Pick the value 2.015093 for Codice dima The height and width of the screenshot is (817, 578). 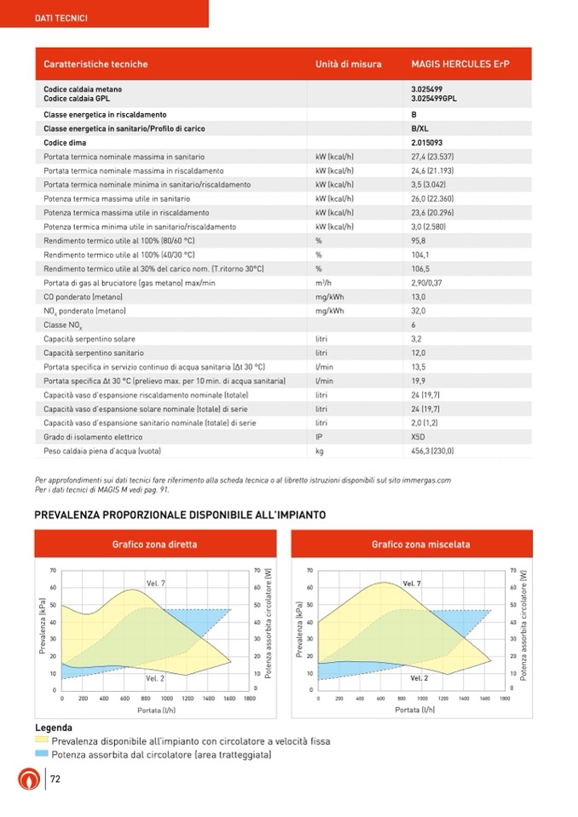(426, 143)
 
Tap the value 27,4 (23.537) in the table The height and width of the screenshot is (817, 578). (432, 157)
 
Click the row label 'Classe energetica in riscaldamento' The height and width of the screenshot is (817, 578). (105, 115)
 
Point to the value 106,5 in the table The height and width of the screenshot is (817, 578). (419, 268)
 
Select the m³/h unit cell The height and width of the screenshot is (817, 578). (323, 283)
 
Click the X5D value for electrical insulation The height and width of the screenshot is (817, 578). (418, 436)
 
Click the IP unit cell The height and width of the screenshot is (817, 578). (318, 436)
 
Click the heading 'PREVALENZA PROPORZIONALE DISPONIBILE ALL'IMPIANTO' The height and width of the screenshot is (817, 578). (179, 515)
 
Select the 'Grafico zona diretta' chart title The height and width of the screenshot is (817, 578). (154, 544)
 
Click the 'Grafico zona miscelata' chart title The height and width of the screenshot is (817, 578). (420, 544)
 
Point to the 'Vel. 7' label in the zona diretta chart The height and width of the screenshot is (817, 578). (156, 583)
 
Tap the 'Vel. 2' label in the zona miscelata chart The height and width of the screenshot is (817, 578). (419, 677)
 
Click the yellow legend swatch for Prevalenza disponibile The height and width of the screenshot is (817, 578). (42, 741)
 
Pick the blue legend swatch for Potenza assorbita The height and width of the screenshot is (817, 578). (42, 755)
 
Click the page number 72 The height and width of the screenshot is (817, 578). (55, 780)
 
